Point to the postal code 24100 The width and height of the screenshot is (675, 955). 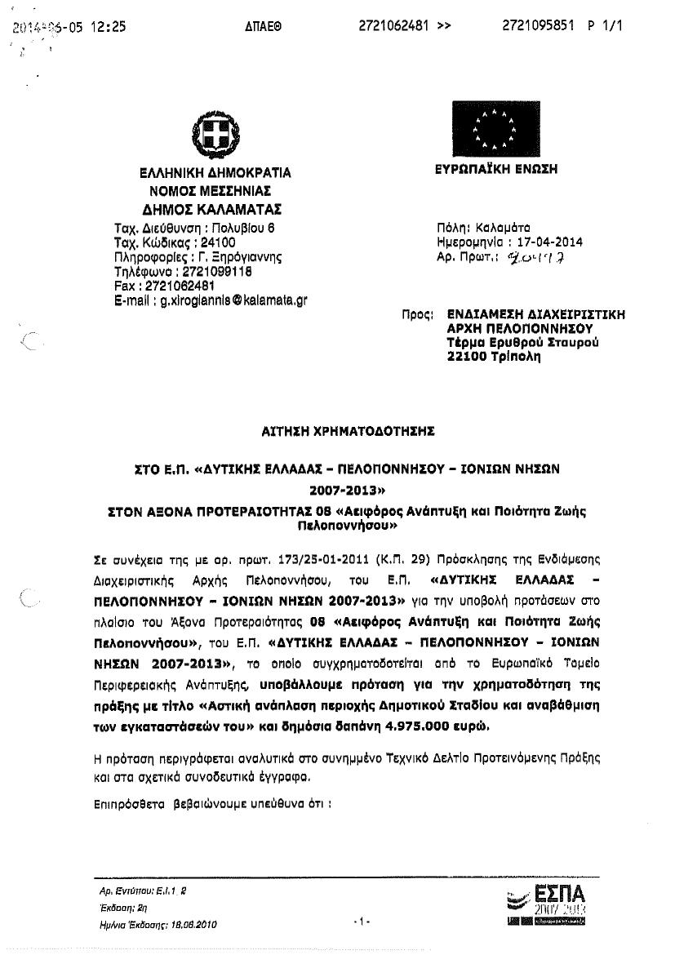tap(218, 242)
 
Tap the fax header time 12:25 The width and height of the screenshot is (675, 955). tap(109, 26)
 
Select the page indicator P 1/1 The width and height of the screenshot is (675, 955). tap(605, 26)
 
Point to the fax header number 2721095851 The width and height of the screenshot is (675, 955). tap(536, 26)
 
